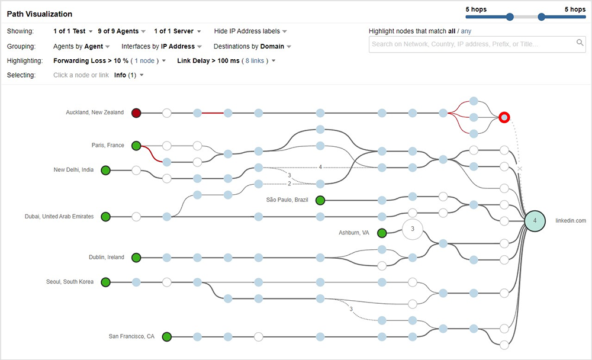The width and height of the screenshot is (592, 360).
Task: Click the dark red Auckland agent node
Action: click(136, 112)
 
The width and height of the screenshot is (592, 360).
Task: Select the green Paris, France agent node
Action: click(136, 146)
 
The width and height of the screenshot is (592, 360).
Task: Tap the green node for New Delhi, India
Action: click(106, 171)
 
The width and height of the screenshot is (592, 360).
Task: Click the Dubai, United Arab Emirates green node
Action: click(106, 217)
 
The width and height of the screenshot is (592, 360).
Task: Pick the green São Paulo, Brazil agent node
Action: click(320, 200)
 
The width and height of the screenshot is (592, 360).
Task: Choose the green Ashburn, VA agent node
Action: click(382, 233)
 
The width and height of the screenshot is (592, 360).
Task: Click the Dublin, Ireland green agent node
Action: click(136, 258)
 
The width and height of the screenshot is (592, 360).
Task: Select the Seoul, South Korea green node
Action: click(106, 282)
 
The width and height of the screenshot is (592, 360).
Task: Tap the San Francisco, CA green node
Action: click(167, 337)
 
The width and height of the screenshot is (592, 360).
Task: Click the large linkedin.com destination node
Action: click(535, 220)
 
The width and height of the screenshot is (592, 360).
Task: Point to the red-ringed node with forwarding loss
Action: click(504, 117)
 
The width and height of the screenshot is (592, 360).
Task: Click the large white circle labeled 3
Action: click(413, 229)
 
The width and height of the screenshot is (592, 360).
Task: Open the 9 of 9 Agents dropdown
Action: click(121, 31)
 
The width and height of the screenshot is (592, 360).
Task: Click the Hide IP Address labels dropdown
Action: click(250, 31)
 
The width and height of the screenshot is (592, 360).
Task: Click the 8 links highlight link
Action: click(255, 60)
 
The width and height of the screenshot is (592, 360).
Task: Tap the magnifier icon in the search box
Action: click(580, 43)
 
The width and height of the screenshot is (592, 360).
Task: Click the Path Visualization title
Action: click(39, 14)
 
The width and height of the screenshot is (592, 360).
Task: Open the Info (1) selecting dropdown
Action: click(128, 75)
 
